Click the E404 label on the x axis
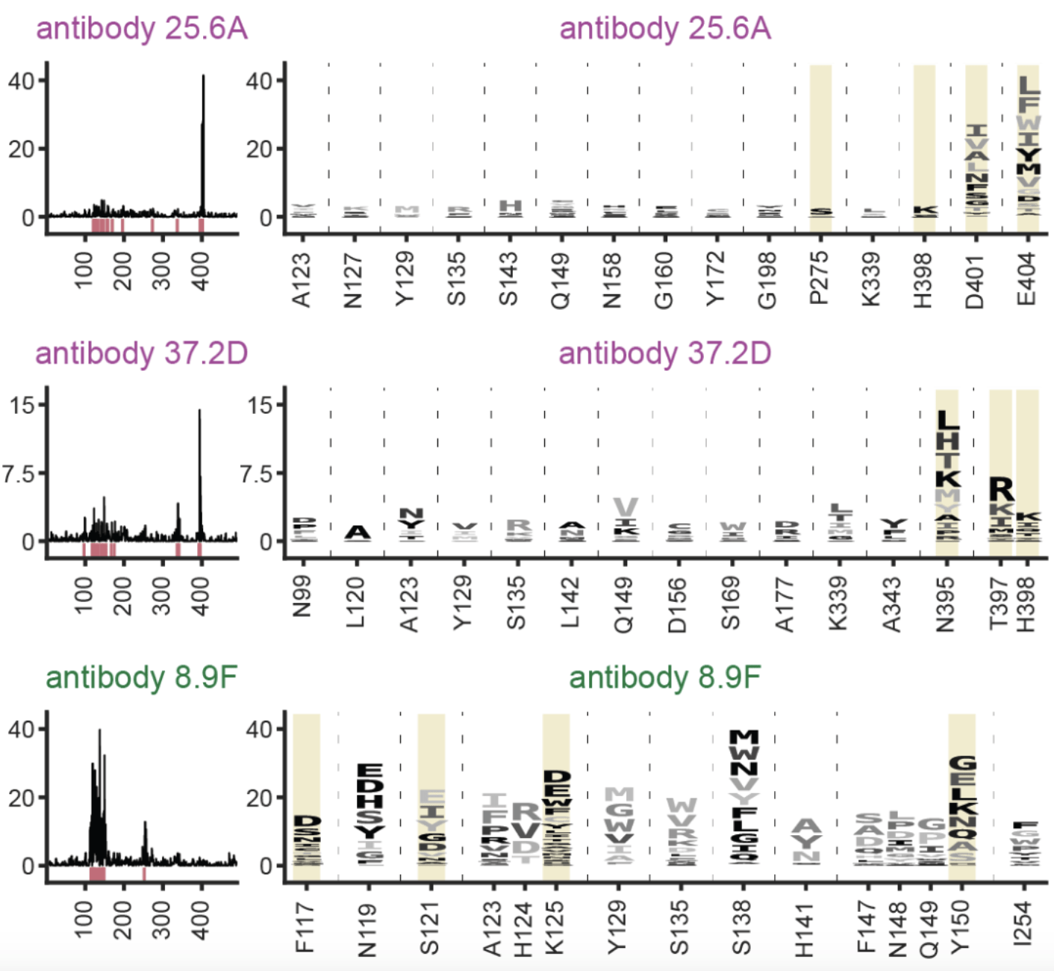click(x=1027, y=279)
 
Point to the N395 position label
click(x=946, y=604)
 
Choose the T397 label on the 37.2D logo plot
click(x=999, y=604)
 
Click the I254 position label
click(x=1024, y=925)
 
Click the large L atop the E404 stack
click(x=1029, y=84)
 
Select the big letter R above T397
click(x=1001, y=490)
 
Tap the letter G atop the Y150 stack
click(x=962, y=764)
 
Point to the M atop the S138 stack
click(x=743, y=738)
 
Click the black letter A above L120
click(x=358, y=533)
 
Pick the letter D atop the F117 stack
click(x=307, y=822)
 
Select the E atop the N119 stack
click(x=370, y=771)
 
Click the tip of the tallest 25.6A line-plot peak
click(x=203, y=76)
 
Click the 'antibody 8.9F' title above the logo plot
click(x=664, y=677)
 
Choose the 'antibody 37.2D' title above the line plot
click(x=141, y=353)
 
